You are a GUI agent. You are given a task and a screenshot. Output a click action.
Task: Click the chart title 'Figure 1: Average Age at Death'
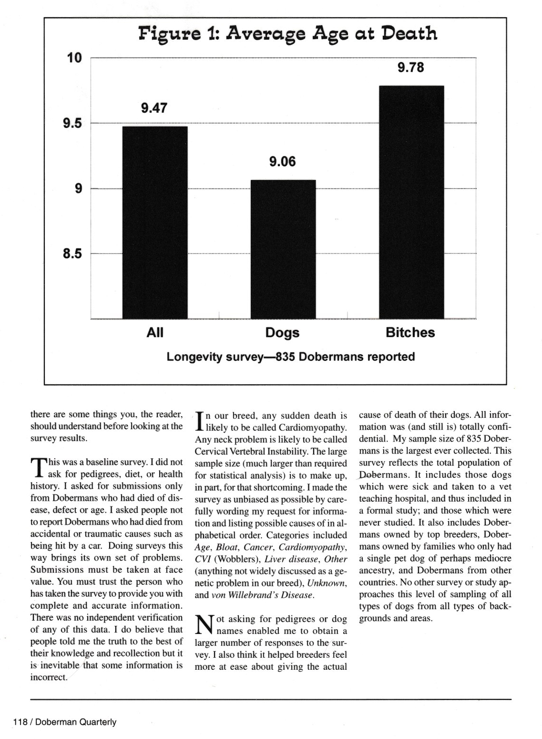287,34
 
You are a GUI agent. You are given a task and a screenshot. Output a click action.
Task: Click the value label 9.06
282,162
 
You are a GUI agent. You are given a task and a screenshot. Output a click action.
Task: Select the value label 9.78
410,68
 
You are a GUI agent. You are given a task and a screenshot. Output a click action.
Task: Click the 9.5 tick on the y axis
72,124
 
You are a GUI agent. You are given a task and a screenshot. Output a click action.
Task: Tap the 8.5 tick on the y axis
72,254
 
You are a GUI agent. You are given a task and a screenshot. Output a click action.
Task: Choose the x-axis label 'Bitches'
410,333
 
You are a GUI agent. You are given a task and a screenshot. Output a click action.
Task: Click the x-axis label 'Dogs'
282,333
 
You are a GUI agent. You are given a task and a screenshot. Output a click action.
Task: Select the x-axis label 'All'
155,333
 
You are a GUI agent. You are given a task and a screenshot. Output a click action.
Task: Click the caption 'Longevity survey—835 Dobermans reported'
291,357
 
